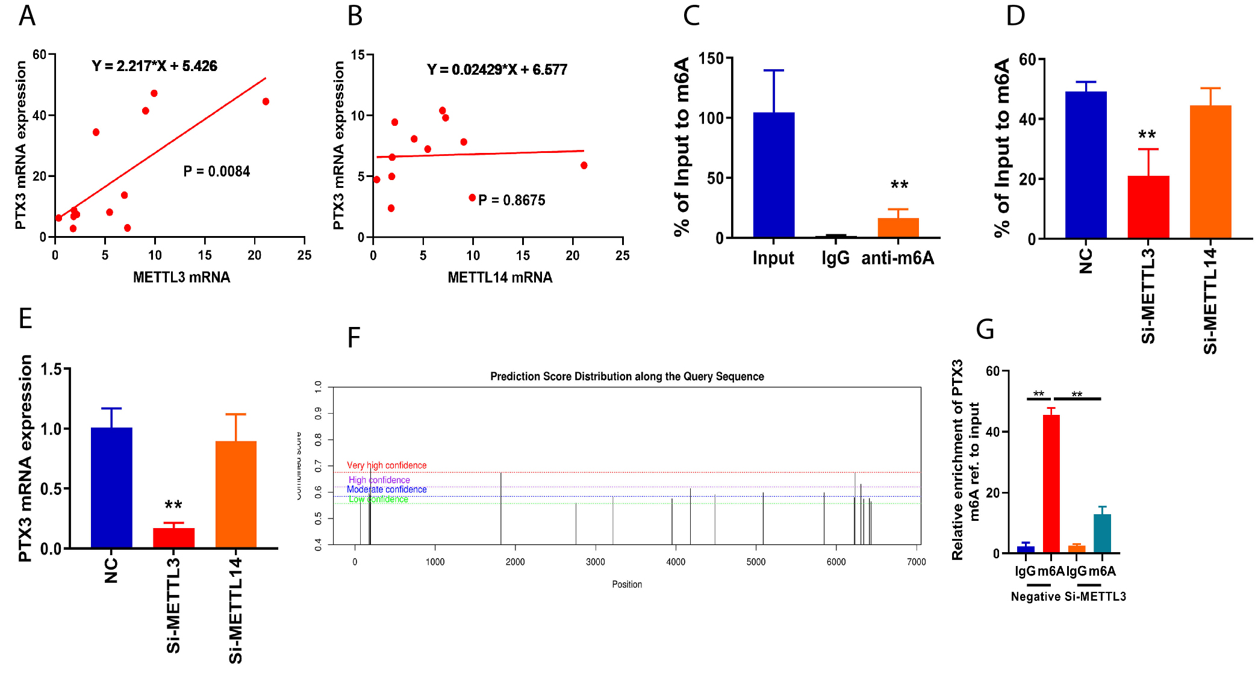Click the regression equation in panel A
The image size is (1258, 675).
point(154,66)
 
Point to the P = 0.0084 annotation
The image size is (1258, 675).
point(216,172)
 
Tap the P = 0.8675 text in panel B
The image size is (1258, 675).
point(511,201)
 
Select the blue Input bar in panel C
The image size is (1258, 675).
point(773,175)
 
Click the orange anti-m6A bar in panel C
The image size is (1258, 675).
point(898,228)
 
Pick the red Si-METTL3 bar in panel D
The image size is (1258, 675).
point(1148,207)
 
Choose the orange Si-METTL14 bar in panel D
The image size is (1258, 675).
point(1210,172)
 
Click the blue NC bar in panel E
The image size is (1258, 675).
point(111,488)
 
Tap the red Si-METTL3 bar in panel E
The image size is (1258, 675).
point(173,538)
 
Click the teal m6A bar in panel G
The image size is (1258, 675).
point(1102,533)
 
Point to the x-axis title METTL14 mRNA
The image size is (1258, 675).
point(500,278)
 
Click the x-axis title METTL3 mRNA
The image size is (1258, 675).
point(181,278)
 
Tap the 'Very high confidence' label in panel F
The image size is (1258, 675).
point(387,465)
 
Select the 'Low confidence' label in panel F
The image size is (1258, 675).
point(378,499)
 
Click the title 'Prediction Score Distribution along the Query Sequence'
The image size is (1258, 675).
point(627,377)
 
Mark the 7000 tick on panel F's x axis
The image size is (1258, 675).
point(916,562)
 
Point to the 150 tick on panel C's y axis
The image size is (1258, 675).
point(711,58)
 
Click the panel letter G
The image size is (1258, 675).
point(985,329)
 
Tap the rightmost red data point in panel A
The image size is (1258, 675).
point(266,102)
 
